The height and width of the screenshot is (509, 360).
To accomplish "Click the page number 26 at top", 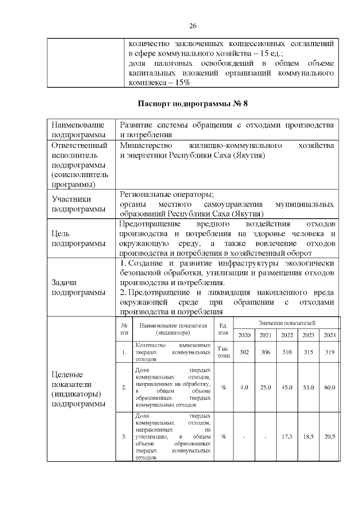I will click(192, 26).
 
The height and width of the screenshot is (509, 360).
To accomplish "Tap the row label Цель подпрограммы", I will click(73, 239).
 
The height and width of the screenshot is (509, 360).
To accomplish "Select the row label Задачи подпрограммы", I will click(73, 287).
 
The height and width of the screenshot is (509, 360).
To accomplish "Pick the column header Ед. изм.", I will click(223, 330).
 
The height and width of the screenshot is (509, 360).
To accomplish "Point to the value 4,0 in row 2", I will click(244, 388).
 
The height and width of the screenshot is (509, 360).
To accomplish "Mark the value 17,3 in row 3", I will click(287, 436).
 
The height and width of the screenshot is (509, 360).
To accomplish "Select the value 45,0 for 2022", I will click(287, 388).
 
